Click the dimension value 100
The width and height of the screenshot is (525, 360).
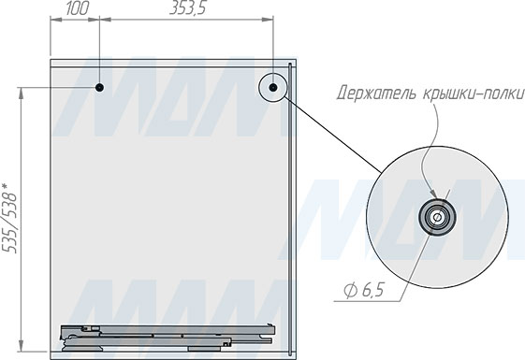click(x=78, y=8)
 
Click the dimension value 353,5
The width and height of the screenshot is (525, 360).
click(x=187, y=8)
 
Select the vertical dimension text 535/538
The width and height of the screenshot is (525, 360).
click(x=9, y=222)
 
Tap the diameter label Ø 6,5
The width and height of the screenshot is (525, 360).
click(x=364, y=290)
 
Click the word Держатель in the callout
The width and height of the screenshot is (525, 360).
click(x=376, y=93)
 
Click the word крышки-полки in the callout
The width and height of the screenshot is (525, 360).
click(x=472, y=93)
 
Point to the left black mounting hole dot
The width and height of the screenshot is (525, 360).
click(x=99, y=88)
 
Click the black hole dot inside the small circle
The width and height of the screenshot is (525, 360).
click(x=273, y=88)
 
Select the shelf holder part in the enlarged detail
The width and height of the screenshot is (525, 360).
click(x=437, y=217)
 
